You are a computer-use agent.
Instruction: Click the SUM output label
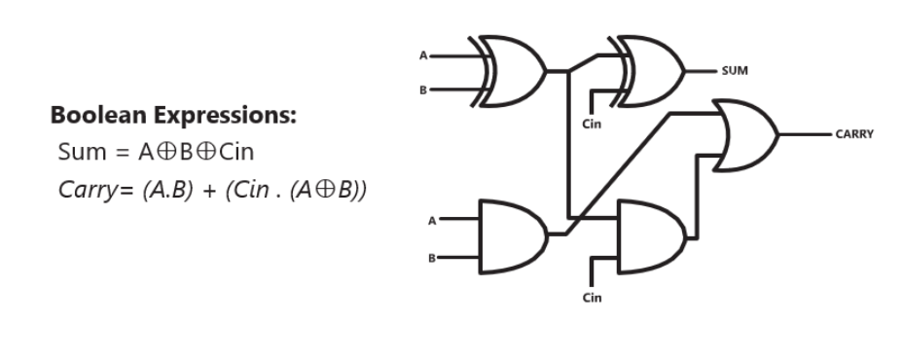735,71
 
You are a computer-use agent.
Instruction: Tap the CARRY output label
853,134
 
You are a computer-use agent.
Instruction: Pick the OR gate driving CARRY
745,133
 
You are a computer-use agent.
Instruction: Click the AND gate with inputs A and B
513,234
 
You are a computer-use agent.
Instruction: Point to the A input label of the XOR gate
423,55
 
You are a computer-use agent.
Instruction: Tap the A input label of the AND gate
431,219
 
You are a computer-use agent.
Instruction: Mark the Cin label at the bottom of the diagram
592,298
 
